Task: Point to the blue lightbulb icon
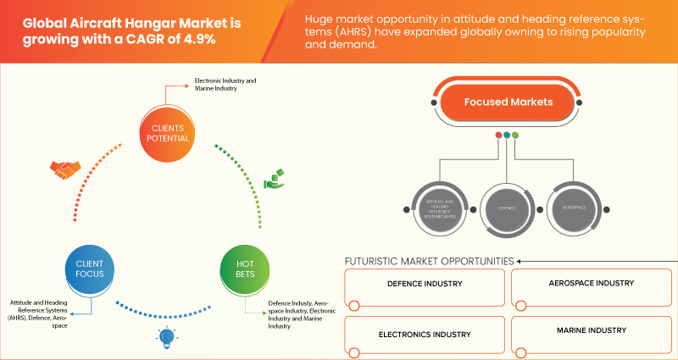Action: point(165,337)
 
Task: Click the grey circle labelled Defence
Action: point(507,207)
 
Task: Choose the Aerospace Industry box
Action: point(590,284)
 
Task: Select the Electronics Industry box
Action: point(424,333)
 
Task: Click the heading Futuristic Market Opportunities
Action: point(429,261)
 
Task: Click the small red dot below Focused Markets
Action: point(498,135)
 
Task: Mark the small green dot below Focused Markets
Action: point(515,135)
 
